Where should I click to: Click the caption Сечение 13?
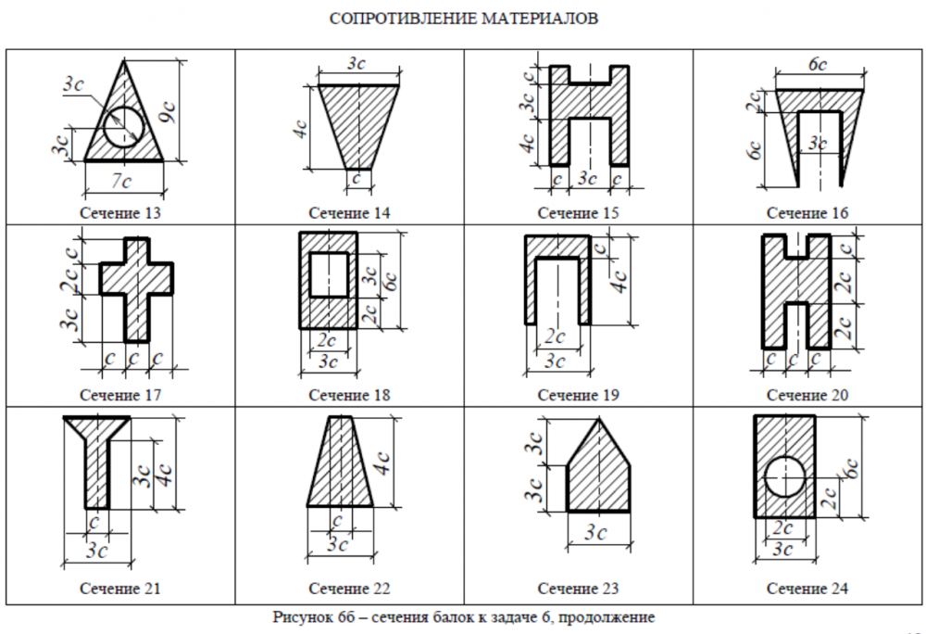coord(119,212)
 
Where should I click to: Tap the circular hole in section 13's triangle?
coord(123,128)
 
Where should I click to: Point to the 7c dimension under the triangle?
coord(121,181)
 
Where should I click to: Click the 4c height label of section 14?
coord(301,129)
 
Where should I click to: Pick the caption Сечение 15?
coord(578,212)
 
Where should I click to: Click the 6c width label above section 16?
coord(818,64)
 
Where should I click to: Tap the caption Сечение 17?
coord(119,395)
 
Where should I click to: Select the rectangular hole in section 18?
coord(329,274)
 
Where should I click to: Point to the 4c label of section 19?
coord(619,282)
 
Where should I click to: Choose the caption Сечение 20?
coord(807,395)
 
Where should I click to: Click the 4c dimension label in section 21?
coord(165,475)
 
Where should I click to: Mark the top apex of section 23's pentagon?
coord(599,418)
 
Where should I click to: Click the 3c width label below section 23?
coord(595,533)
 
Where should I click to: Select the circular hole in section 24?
coord(784,476)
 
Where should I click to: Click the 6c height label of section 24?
coord(851,468)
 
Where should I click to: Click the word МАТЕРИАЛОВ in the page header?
coord(540,19)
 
